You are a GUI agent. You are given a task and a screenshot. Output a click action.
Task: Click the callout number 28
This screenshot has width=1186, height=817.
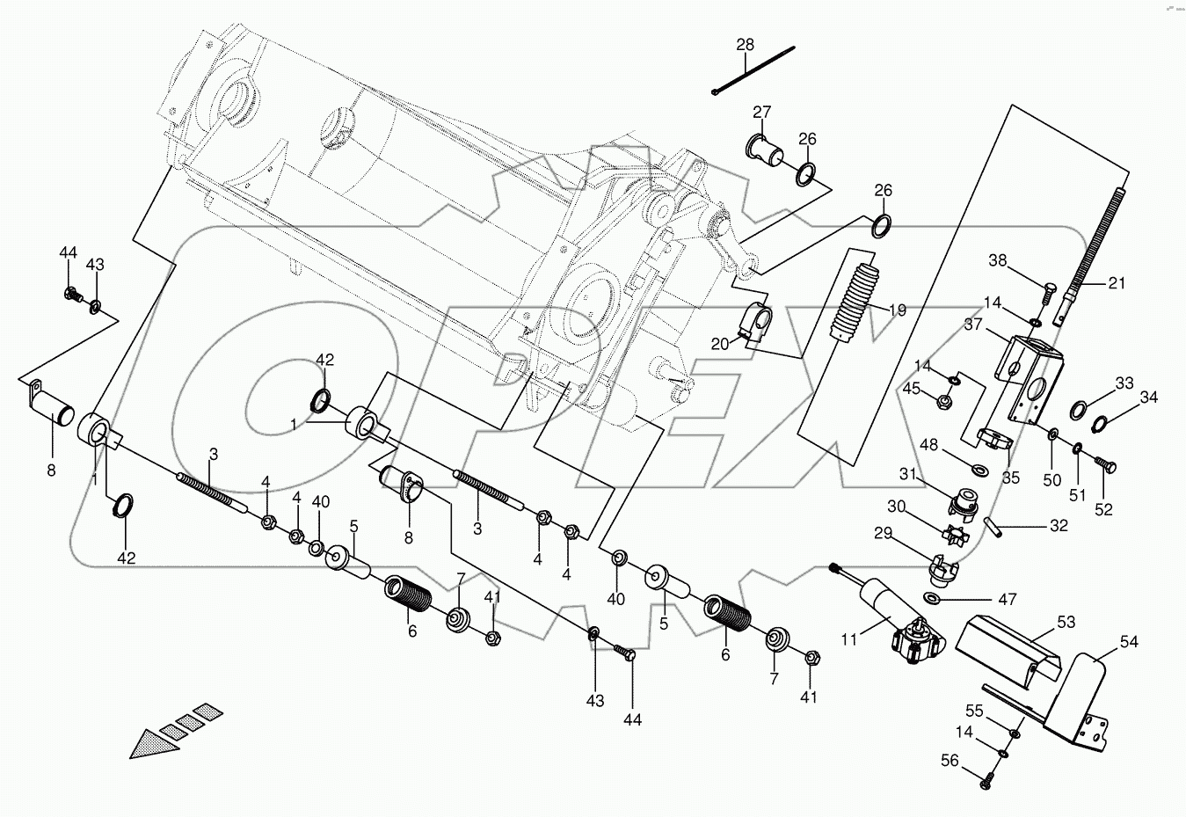pyautogui.click(x=746, y=45)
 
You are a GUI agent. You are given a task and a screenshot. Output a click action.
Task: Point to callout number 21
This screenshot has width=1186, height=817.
pyautogui.click(x=1116, y=283)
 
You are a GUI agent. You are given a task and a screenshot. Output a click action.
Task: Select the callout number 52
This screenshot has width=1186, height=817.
pyautogui.click(x=1103, y=510)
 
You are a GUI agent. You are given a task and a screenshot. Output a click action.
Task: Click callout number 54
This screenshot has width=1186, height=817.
pyautogui.click(x=1129, y=643)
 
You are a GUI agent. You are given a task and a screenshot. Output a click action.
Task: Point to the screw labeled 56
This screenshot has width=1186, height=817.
pyautogui.click(x=987, y=777)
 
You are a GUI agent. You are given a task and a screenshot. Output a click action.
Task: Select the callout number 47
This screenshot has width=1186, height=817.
pyautogui.click(x=1008, y=600)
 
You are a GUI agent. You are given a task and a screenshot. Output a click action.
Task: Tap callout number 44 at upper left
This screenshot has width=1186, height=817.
pyautogui.click(x=69, y=253)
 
